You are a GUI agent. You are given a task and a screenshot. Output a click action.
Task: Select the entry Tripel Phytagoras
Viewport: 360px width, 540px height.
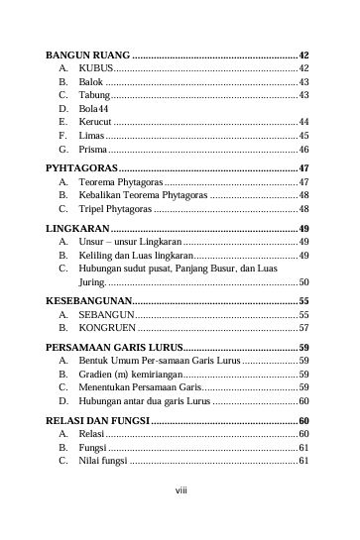tap(115, 210)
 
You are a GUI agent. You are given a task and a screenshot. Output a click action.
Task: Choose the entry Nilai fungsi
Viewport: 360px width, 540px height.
tap(103, 461)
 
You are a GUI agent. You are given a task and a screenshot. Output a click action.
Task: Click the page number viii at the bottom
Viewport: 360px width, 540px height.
tap(180, 488)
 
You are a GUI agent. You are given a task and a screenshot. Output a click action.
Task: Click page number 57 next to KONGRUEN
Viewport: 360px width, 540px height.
tap(304, 326)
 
